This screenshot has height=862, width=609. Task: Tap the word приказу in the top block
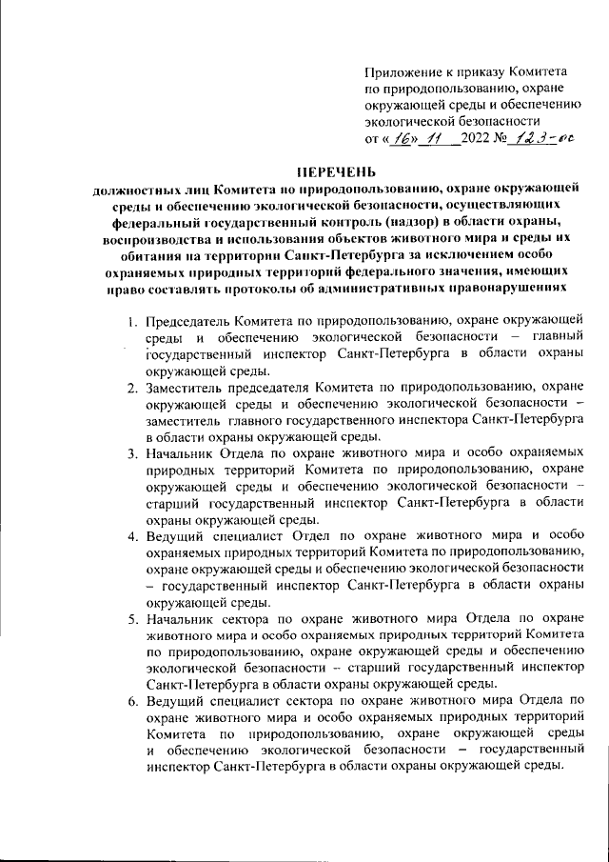click(x=479, y=72)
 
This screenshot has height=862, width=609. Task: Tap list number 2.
click(x=133, y=387)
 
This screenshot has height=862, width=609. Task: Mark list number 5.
click(x=133, y=619)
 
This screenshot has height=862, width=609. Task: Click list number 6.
click(x=133, y=701)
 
